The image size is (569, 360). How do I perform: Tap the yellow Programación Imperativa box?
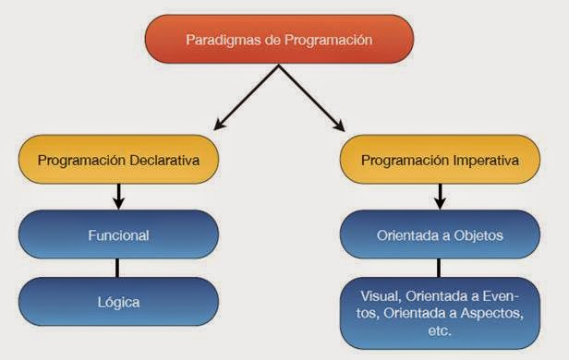(x=438, y=160)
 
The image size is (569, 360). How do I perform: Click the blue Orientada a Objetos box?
(x=439, y=234)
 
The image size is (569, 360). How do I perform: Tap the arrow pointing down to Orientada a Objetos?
(x=439, y=195)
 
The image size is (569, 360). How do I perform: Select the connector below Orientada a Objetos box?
(x=439, y=268)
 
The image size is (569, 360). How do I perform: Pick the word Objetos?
(x=479, y=234)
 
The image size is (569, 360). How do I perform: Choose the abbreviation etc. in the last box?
(x=439, y=330)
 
